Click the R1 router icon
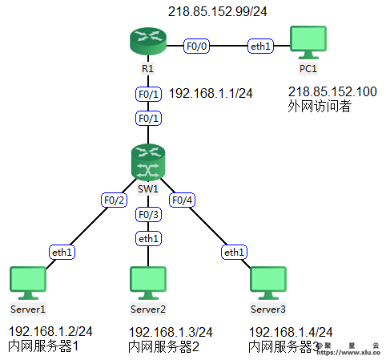tap(148, 41)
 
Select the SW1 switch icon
tap(148, 162)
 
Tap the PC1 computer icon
tap(308, 42)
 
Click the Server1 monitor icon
tap(28, 283)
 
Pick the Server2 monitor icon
tap(148, 283)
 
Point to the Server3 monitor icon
tap(268, 283)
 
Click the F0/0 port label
tap(196, 46)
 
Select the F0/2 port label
tap(114, 200)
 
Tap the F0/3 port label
tap(148, 214)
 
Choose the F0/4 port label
tap(182, 200)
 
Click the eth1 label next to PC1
tap(260, 46)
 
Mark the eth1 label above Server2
tap(148, 238)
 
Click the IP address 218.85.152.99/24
tap(218, 12)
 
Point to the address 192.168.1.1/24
tap(211, 94)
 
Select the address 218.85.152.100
tap(332, 91)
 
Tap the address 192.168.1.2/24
tap(50, 331)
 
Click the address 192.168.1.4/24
tap(291, 332)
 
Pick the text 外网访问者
tap(320, 106)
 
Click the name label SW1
tap(148, 189)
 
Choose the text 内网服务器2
tap(163, 346)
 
